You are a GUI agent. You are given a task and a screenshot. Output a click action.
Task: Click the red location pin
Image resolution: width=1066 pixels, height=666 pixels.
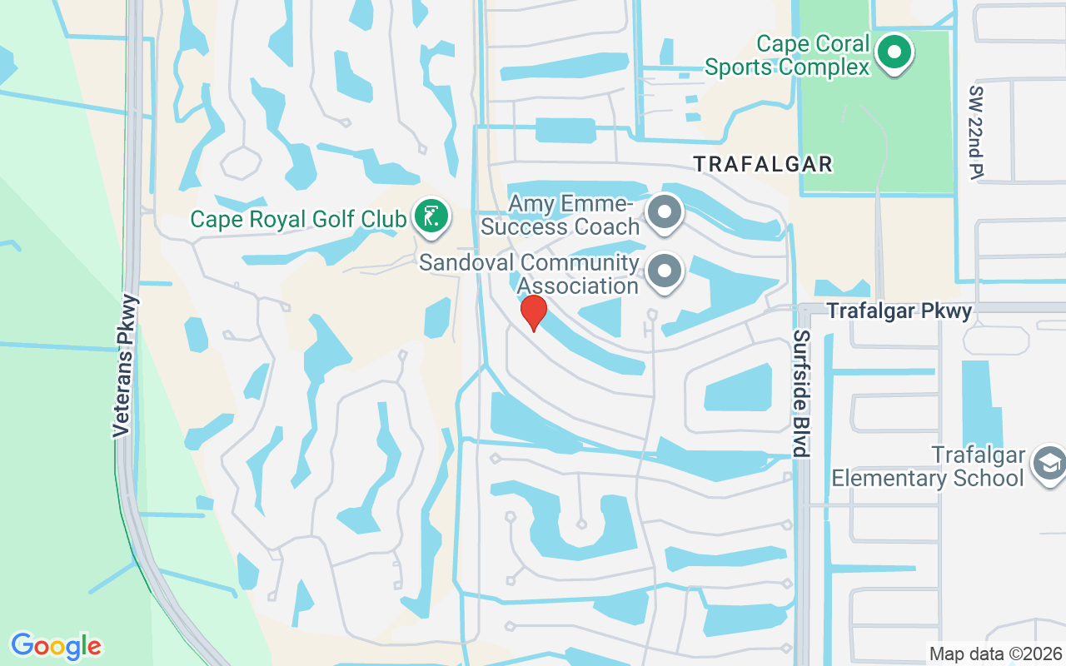tap(533, 312)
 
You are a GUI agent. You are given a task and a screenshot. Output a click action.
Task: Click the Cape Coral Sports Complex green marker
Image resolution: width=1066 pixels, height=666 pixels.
tap(894, 52)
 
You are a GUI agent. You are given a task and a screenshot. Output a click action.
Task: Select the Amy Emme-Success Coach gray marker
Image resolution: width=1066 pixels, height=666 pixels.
tap(664, 211)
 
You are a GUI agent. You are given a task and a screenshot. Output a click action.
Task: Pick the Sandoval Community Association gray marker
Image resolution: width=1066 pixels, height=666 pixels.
tap(664, 271)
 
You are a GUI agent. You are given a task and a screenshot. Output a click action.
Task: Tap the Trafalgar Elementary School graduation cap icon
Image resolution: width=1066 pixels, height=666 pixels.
tap(1047, 465)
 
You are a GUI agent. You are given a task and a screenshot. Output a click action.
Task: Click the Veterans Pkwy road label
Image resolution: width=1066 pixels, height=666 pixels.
tap(123, 365)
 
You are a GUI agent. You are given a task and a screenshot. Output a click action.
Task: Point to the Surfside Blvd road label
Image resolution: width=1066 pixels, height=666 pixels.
tap(801, 394)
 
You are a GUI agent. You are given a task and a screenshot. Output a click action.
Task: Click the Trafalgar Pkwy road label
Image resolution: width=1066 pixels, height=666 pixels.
tap(899, 311)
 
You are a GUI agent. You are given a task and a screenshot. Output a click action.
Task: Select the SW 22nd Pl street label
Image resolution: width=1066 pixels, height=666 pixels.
tap(977, 131)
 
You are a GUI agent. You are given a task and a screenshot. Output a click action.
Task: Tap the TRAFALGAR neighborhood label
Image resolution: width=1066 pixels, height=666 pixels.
tap(764, 164)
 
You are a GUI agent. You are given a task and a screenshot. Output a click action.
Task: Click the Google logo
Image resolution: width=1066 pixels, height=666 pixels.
tap(56, 646)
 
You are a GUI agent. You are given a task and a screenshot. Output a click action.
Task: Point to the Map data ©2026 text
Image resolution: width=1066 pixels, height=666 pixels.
tap(996, 654)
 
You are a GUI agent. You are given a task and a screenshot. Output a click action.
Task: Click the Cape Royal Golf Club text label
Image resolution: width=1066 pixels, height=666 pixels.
tap(298, 219)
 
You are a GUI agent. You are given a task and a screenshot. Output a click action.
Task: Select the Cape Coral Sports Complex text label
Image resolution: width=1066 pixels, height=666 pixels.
tap(788, 55)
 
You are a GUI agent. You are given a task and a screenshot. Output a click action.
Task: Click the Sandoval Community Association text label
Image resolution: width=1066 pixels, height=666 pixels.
tap(530, 274)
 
